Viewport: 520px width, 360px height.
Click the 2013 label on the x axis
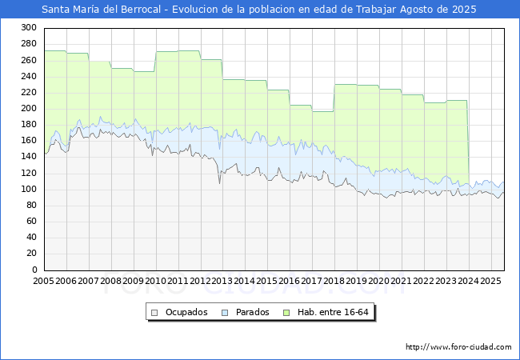(x=222, y=281)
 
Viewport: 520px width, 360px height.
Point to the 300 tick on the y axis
(x=29, y=27)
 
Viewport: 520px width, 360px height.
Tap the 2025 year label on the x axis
(x=490, y=281)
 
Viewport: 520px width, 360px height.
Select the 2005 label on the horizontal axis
(x=43, y=281)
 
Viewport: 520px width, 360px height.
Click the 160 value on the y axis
(x=29, y=140)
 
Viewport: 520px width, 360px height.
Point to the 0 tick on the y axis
(x=34, y=270)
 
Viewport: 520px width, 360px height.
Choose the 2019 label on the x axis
(x=356, y=281)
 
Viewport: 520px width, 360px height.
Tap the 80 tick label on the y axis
(x=31, y=205)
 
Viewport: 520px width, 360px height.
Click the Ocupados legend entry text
(x=186, y=312)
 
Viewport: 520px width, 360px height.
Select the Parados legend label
(x=252, y=312)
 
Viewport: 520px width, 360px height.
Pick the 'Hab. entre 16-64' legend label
(x=333, y=312)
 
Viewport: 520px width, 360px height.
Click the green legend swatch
(x=286, y=313)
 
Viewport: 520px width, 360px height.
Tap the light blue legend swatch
(x=225, y=313)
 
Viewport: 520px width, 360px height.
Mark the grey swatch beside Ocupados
(x=154, y=313)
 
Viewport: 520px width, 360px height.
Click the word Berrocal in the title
(x=141, y=10)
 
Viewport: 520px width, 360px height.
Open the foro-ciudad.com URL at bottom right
(x=458, y=347)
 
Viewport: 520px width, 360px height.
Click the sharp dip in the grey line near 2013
(x=219, y=183)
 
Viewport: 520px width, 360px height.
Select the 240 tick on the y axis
(x=29, y=76)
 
